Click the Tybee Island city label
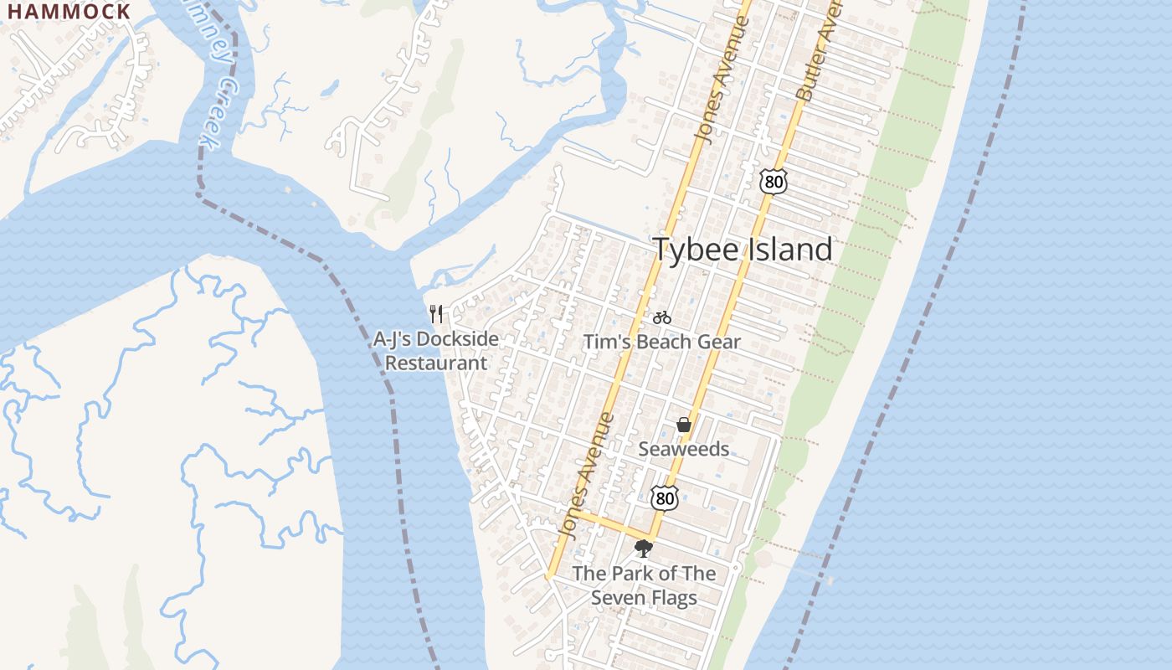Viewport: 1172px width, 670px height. click(743, 250)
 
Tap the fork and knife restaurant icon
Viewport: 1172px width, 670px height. click(436, 314)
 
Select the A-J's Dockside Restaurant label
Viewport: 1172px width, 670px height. click(436, 351)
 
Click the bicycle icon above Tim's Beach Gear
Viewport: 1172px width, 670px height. click(662, 317)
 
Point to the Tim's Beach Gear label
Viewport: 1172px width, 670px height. click(661, 342)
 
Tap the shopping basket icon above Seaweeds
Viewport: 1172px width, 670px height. click(684, 425)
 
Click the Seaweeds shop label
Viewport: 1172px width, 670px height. click(684, 449)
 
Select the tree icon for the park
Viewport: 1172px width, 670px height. click(644, 549)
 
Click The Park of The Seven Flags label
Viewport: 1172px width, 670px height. click(644, 585)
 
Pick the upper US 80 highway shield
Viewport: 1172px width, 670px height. click(774, 180)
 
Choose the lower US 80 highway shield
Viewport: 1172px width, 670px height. click(665, 497)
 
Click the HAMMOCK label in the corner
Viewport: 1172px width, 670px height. click(69, 11)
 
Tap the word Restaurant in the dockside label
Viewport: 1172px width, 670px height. click(436, 363)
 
